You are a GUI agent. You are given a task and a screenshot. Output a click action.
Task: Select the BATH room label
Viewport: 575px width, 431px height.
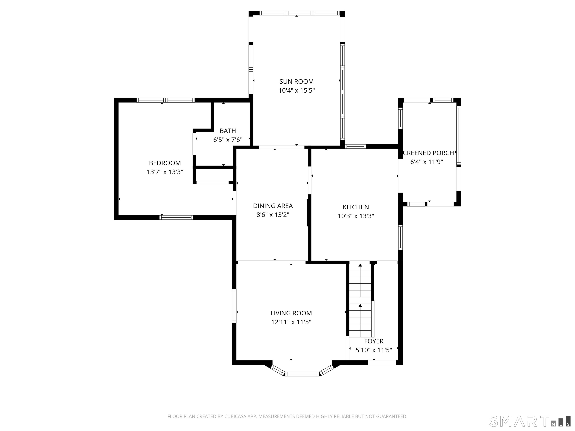tap(228, 131)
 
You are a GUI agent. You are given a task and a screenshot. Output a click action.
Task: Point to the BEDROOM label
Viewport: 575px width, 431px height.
tap(165, 163)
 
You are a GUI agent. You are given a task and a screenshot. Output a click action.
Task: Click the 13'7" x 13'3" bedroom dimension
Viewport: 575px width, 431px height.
tap(165, 172)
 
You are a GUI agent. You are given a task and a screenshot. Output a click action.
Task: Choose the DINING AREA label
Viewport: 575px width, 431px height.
tap(273, 206)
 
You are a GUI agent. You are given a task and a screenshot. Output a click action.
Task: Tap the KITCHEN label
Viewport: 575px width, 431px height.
tap(356, 207)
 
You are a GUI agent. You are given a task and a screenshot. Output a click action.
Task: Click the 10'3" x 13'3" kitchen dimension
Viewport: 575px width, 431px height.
tap(356, 216)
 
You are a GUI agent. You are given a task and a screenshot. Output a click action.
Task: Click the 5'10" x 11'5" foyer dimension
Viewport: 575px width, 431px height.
tap(374, 350)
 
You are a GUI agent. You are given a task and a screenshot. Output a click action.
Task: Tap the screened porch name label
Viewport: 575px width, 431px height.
tap(428, 153)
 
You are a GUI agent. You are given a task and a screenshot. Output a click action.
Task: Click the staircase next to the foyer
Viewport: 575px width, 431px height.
tap(360, 301)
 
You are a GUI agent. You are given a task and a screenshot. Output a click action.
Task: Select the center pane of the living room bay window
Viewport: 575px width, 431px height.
tap(302, 374)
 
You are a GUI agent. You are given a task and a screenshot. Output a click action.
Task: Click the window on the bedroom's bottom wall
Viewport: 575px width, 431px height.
tap(176, 217)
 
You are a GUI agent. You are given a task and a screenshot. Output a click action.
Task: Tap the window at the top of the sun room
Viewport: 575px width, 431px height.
tap(299, 13)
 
